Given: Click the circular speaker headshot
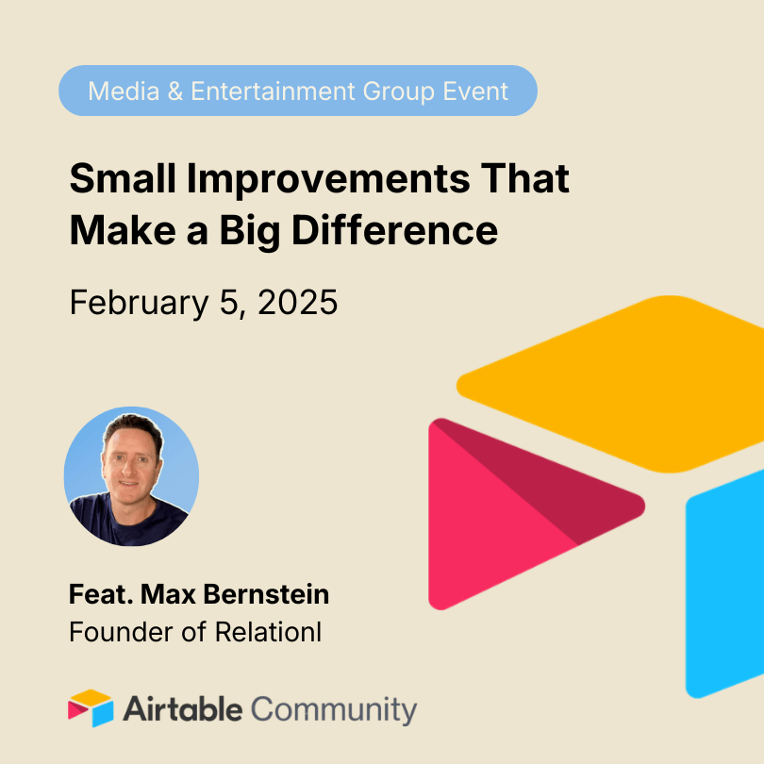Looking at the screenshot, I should coord(131,476).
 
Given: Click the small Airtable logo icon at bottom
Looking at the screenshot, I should coord(91,708).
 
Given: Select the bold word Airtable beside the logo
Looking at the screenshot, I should coord(183,708).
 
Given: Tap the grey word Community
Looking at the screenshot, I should coord(335,708).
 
